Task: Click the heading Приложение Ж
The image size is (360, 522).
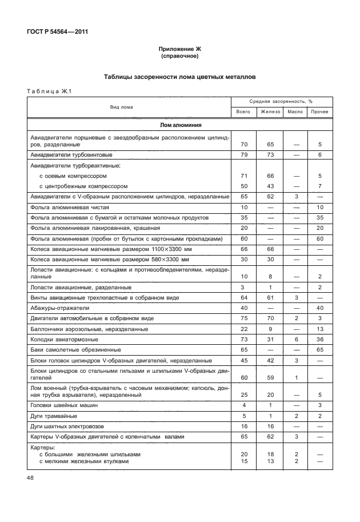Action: click(179, 49)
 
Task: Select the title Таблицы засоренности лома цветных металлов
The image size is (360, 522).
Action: click(179, 76)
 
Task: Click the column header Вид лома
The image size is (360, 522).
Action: click(122, 106)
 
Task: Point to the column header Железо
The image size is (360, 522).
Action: click(270, 111)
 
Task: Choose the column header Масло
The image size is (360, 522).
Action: click(295, 111)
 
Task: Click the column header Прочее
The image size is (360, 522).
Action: click(319, 111)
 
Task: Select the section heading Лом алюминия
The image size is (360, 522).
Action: click(179, 125)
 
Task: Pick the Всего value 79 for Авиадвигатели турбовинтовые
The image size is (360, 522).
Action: click(243, 155)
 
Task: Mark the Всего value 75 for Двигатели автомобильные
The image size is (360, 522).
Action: click(243, 318)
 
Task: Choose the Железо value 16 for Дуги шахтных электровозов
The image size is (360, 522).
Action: click(270, 427)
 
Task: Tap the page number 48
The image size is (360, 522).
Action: click(31, 476)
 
